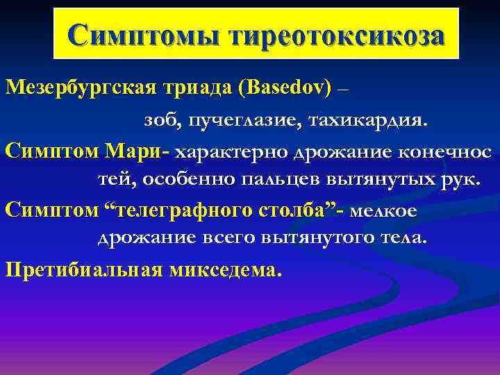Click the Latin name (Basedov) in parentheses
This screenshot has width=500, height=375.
[285, 90]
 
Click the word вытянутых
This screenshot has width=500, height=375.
[375, 180]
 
